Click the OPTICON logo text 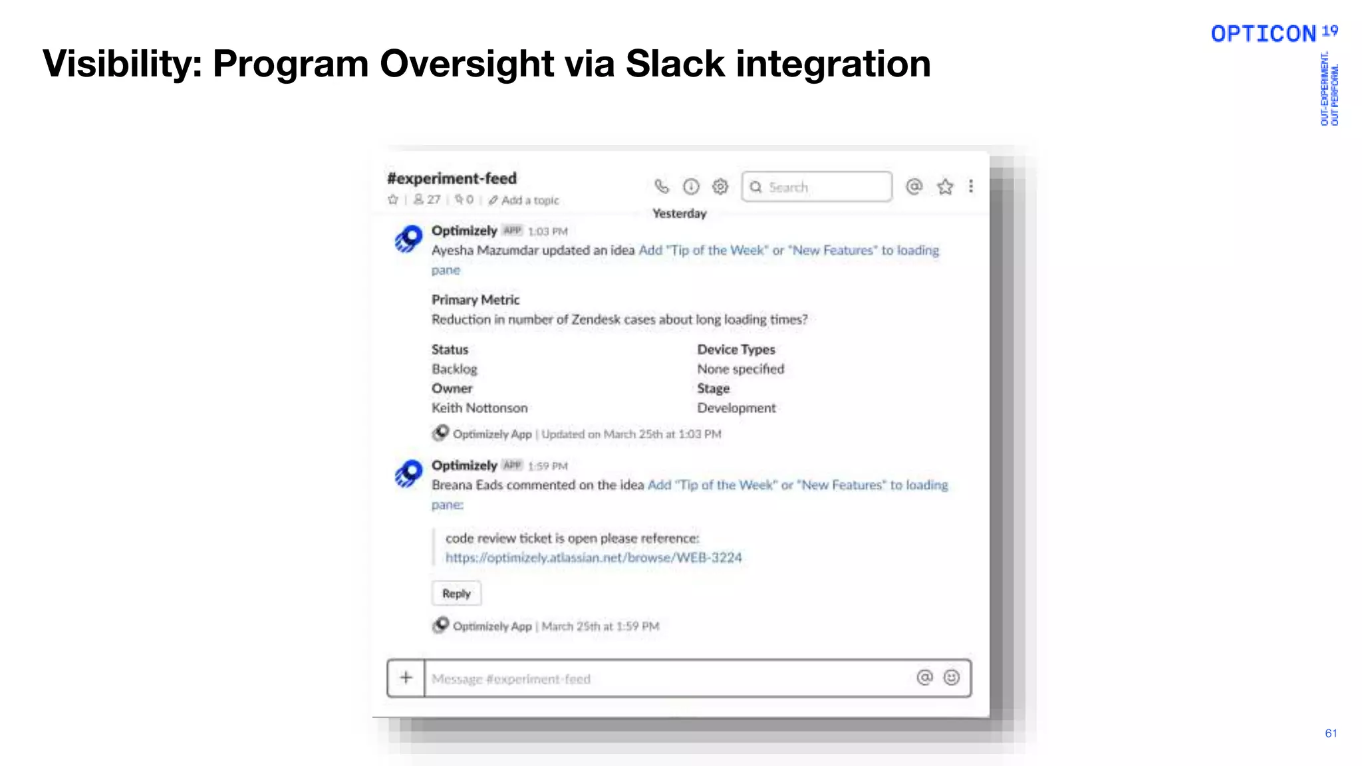click(x=1263, y=34)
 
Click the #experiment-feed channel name click(x=452, y=178)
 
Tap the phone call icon click(x=661, y=187)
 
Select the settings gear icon click(x=720, y=187)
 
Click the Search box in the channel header click(x=817, y=187)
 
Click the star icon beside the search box click(x=945, y=187)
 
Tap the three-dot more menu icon click(x=971, y=187)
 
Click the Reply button click(x=456, y=593)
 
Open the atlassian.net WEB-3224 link click(x=593, y=557)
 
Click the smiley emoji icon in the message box click(x=952, y=678)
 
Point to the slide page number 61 click(x=1331, y=733)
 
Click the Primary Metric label click(x=476, y=300)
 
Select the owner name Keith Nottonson click(x=479, y=408)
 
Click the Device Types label click(x=736, y=349)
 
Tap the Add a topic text click(x=529, y=200)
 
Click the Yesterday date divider click(x=679, y=213)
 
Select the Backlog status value click(x=454, y=369)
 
